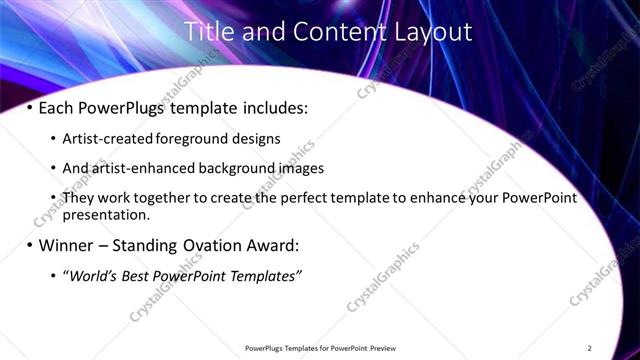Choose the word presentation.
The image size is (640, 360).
pos(106,214)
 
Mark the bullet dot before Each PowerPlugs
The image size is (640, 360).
pos(29,106)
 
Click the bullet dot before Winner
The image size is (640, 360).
pos(29,245)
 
